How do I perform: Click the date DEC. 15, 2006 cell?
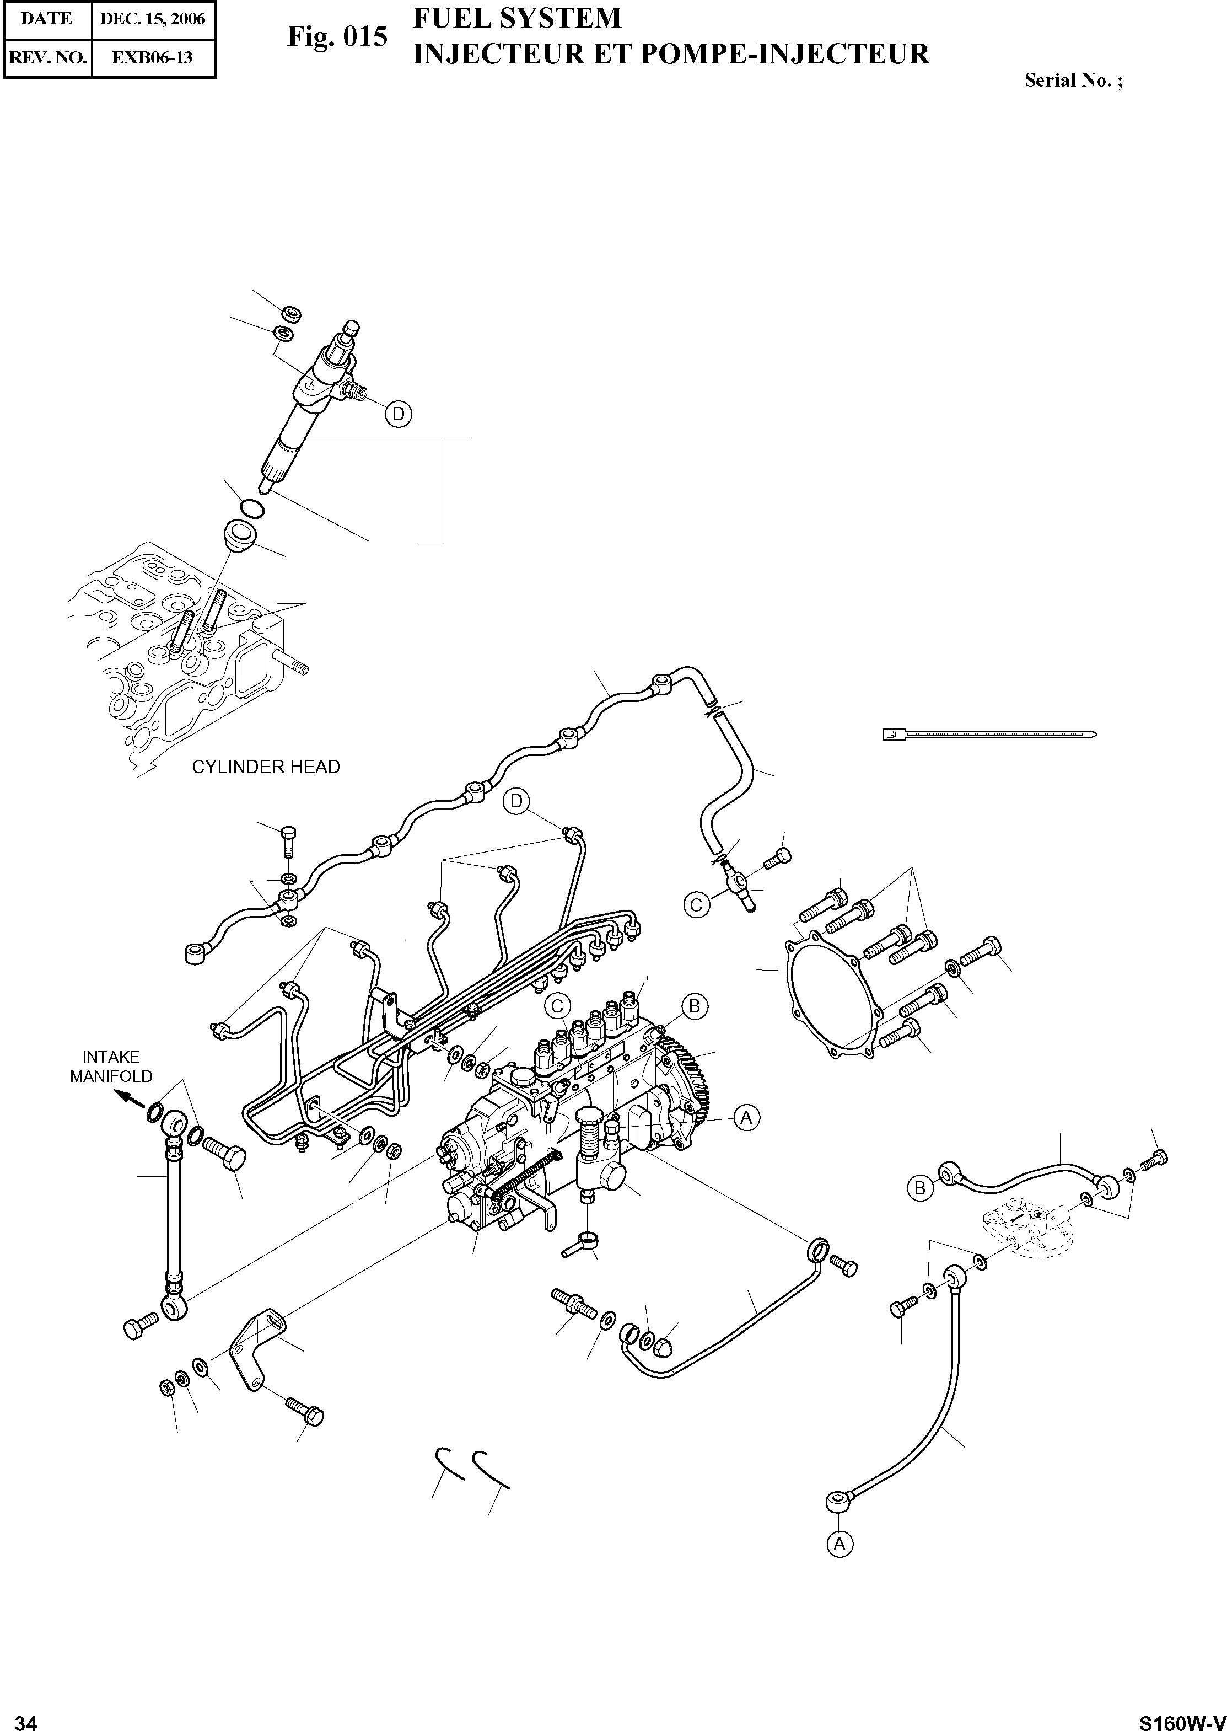pos(153,19)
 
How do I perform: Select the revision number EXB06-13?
pos(153,57)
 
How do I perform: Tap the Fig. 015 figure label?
pos(337,36)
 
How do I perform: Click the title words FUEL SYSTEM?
pos(517,18)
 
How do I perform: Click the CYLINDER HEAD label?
pos(266,767)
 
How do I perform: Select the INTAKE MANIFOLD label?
pos(111,1067)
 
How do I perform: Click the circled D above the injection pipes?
pos(517,801)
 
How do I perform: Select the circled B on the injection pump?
pos(695,1006)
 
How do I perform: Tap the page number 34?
pos(26,1717)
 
